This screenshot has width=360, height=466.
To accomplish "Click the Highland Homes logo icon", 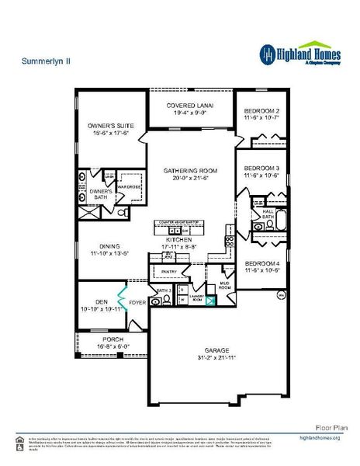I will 268,53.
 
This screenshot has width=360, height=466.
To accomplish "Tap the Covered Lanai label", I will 190,105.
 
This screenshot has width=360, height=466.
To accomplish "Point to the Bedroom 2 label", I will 261,109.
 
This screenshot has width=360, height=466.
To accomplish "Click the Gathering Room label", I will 190,169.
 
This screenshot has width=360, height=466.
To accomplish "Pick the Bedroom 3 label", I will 261,168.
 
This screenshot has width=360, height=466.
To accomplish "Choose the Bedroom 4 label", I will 261,263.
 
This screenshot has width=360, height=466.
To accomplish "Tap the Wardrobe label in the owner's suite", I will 129,186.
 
